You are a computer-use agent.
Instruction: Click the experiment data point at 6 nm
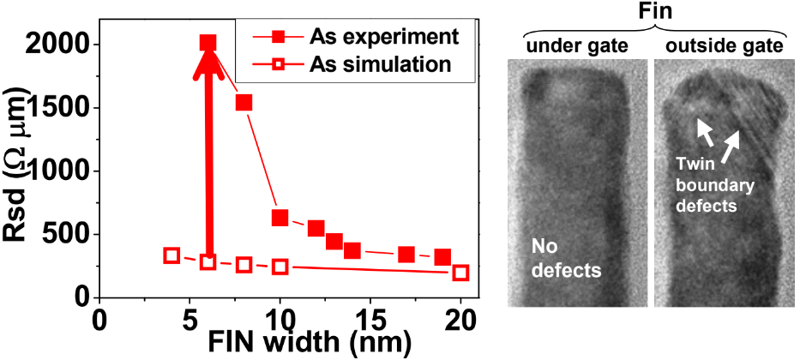pyautogui.click(x=208, y=43)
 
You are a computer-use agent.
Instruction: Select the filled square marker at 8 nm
pyautogui.click(x=244, y=103)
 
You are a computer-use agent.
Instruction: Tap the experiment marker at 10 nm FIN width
pyautogui.click(x=280, y=218)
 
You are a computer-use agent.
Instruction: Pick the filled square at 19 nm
pyautogui.click(x=442, y=257)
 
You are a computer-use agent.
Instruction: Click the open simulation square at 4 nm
pyautogui.click(x=171, y=255)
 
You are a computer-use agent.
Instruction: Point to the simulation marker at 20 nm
pyautogui.click(x=460, y=273)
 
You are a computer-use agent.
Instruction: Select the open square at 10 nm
pyautogui.click(x=280, y=267)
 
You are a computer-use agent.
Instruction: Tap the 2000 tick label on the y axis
pyautogui.click(x=61, y=44)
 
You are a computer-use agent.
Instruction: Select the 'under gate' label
pyautogui.click(x=571, y=45)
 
